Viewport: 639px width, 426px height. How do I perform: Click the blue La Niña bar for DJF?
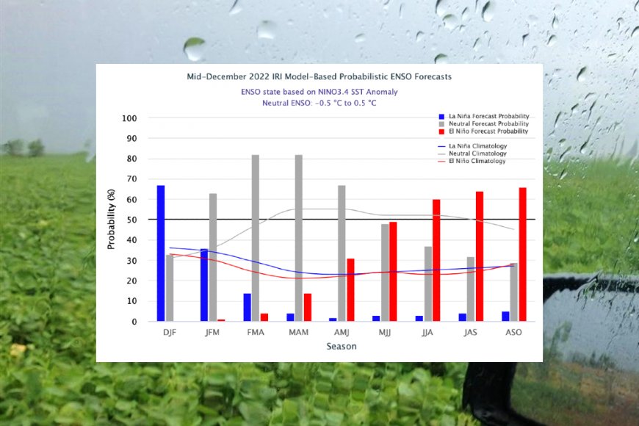click(161, 253)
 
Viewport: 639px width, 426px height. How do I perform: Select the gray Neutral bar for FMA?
click(256, 238)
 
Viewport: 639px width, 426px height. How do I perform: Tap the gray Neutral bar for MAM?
click(299, 238)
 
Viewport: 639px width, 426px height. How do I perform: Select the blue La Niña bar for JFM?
click(204, 285)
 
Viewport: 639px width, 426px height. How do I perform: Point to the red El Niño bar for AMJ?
click(350, 289)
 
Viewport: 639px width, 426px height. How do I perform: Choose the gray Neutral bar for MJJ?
click(385, 272)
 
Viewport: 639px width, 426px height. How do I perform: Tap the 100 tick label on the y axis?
click(129, 118)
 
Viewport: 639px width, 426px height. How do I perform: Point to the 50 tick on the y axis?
click(131, 220)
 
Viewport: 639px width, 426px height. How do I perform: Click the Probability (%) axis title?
click(112, 219)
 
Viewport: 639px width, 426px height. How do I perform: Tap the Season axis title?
click(342, 347)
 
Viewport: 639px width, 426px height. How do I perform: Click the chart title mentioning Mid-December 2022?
click(319, 76)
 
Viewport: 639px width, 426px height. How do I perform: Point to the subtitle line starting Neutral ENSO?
click(319, 104)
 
